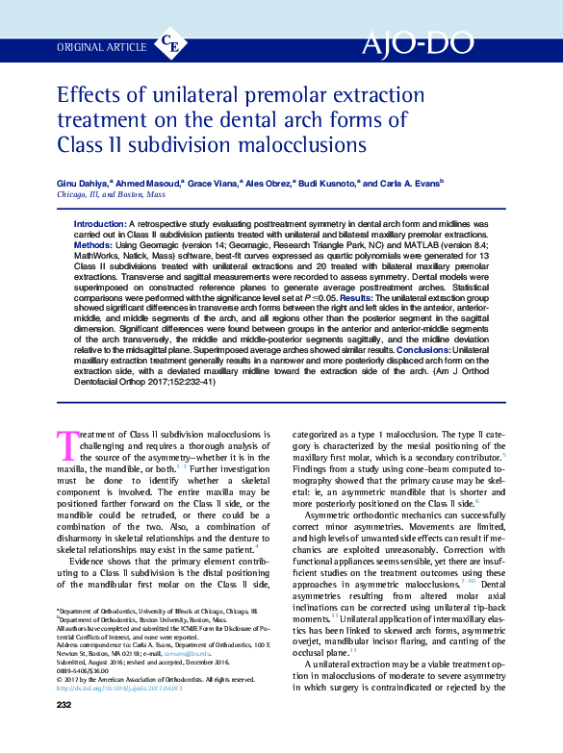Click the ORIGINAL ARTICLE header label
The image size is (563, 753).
click(102, 47)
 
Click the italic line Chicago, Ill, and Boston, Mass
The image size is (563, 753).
click(112, 193)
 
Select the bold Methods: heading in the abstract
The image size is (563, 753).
click(94, 244)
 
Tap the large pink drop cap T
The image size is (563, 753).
click(66, 446)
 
